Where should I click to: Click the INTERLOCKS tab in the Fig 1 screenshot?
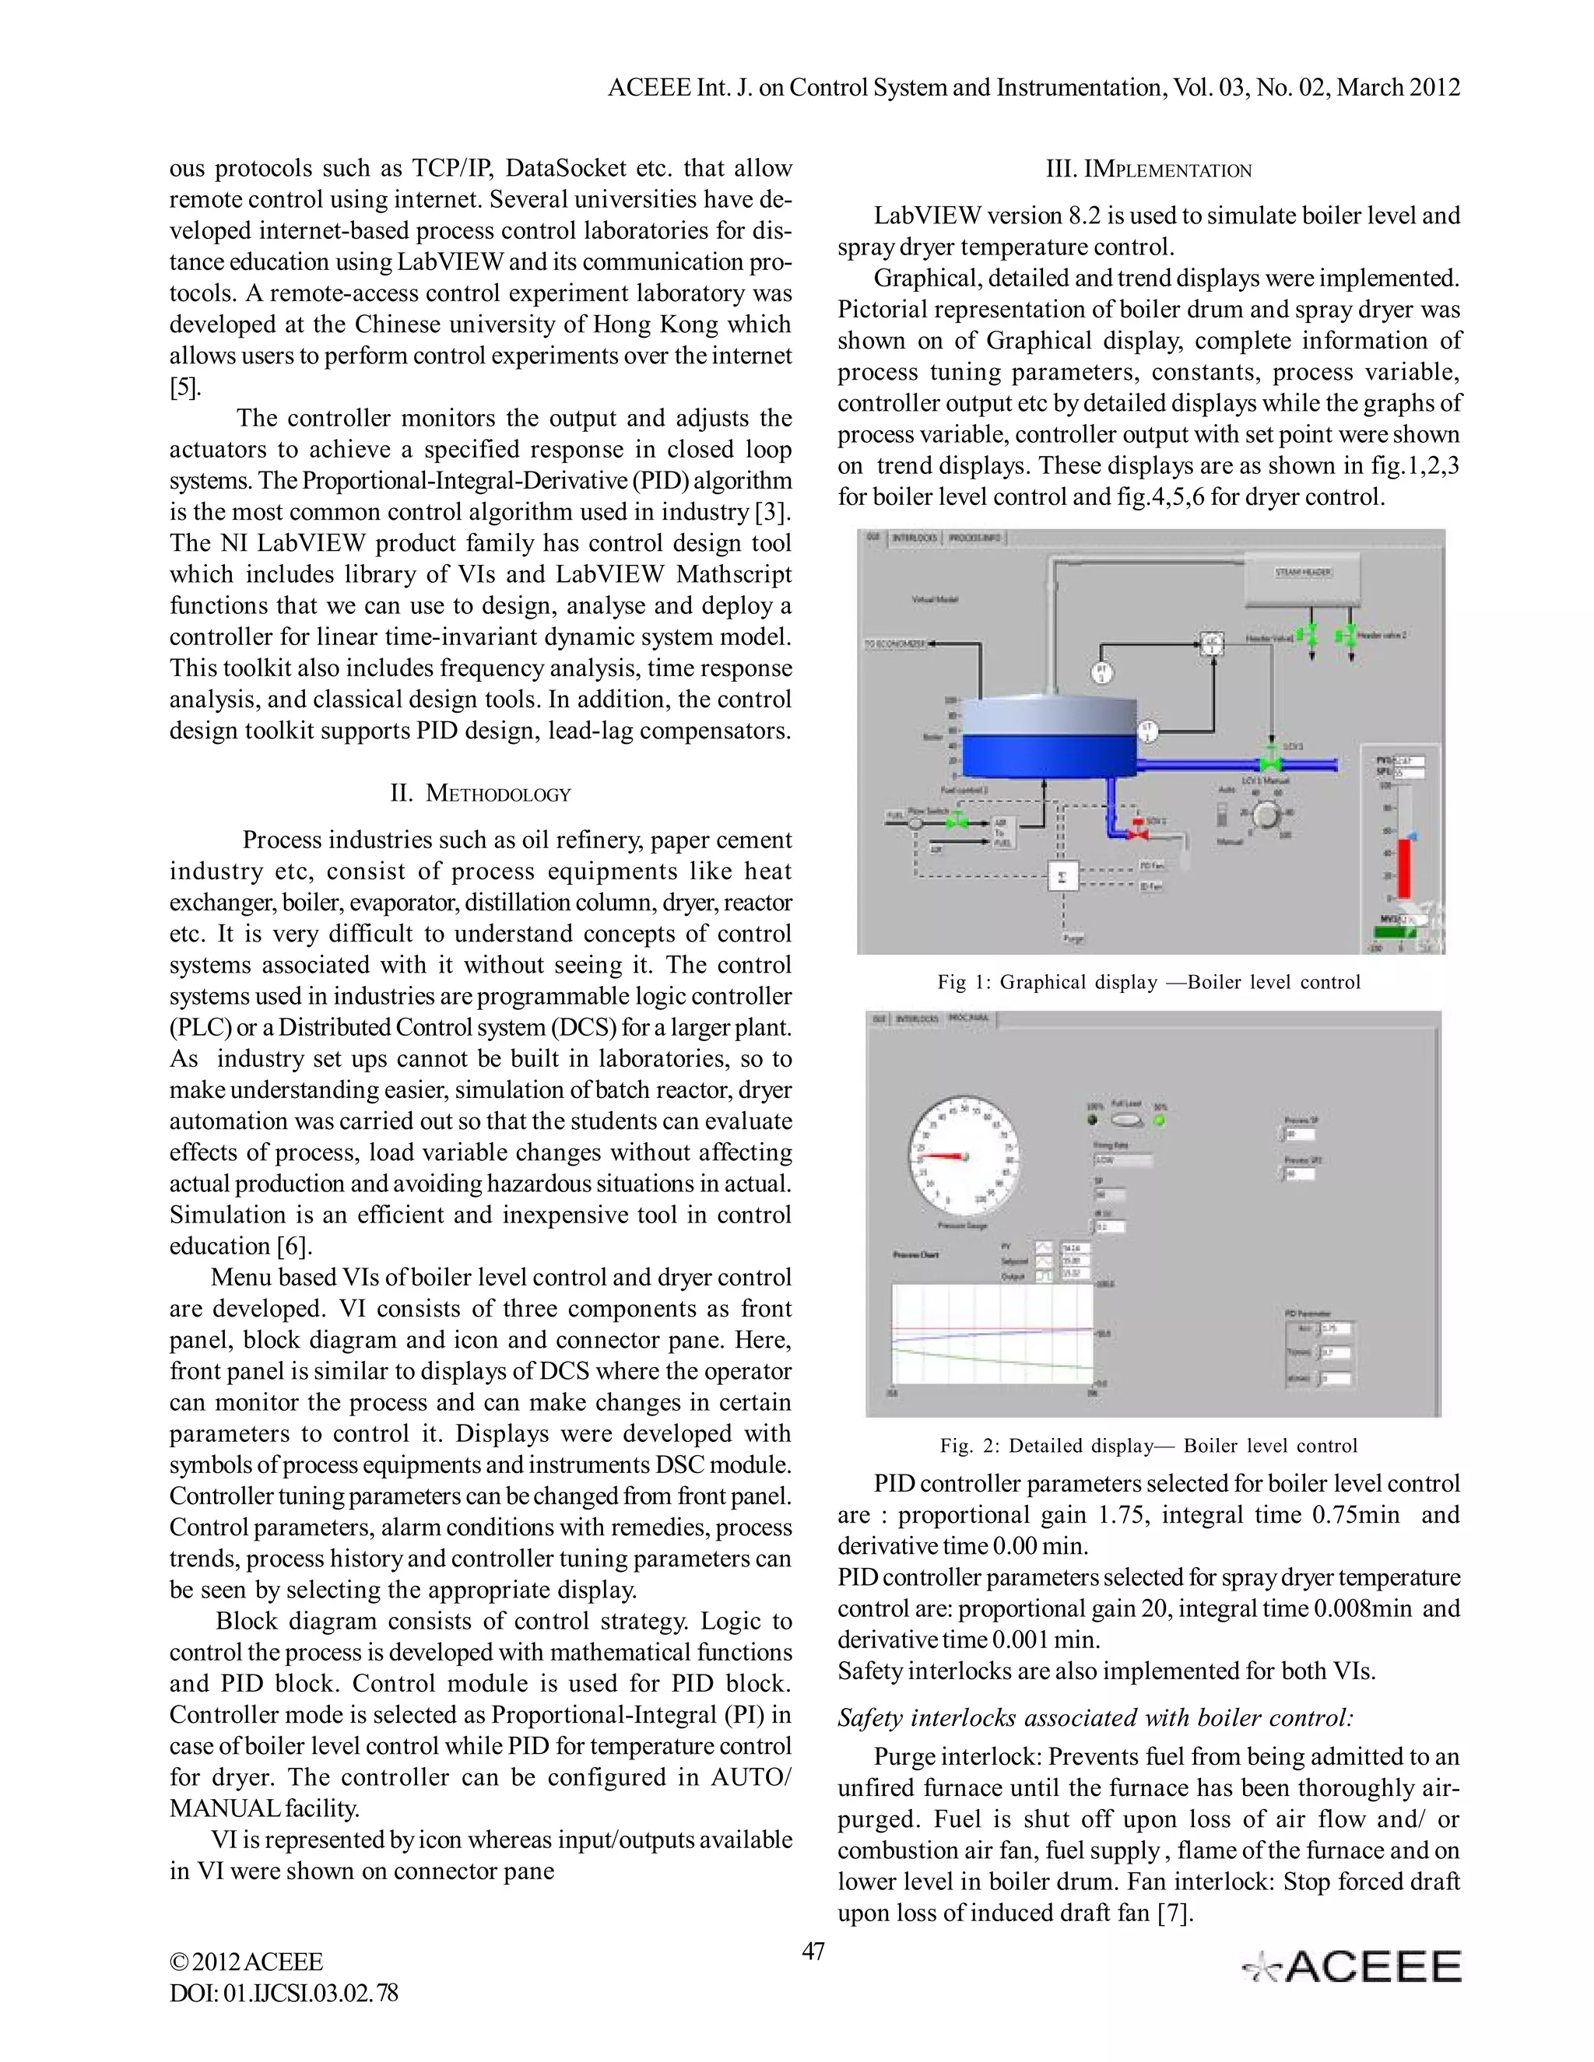point(915,537)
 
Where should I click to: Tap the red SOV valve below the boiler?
point(1139,833)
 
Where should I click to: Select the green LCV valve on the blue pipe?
point(1271,761)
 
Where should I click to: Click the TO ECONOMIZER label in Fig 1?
point(895,644)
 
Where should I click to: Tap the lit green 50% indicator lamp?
point(1160,1120)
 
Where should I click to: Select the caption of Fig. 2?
point(1148,1446)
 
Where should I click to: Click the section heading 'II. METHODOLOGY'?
point(479,793)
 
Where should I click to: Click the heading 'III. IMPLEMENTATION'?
point(1148,170)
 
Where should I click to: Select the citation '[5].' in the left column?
point(185,387)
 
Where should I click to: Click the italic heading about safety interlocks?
point(1095,1717)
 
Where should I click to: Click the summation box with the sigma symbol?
point(1063,877)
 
